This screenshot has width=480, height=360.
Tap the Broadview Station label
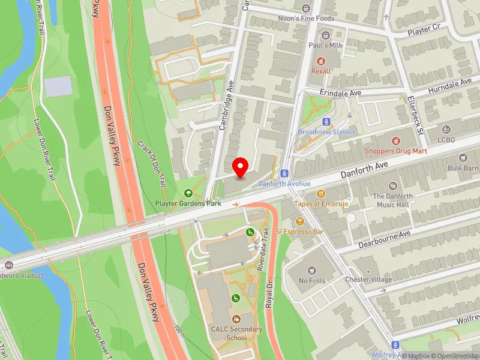pos(326,132)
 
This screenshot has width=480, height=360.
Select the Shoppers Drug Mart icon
pos(395,140)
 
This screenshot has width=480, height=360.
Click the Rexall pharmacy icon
pos(320,61)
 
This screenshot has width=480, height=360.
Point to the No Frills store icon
pos(311,271)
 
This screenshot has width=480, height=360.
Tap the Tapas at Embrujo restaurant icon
pos(320,194)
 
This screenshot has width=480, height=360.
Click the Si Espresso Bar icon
pos(299,221)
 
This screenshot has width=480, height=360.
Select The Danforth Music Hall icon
pos(393,187)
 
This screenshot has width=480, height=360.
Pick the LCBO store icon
pos(446,130)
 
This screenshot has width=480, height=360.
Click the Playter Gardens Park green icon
pos(188,193)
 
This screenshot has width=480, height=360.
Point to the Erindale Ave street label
pos(340,94)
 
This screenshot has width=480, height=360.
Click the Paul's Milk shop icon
pos(326,35)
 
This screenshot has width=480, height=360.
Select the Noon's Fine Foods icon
pos(307,8)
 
